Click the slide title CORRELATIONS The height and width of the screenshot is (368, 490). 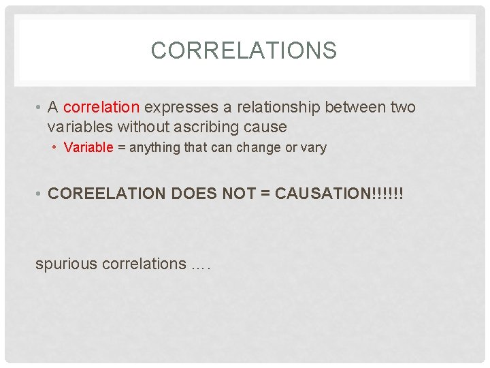click(244, 50)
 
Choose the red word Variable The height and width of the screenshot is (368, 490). click(88, 147)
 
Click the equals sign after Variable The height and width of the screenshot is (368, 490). click(120, 147)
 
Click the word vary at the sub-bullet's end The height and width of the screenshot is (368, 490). click(313, 148)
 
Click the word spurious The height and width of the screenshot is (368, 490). click(66, 264)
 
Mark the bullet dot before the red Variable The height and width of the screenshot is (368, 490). click(57, 148)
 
